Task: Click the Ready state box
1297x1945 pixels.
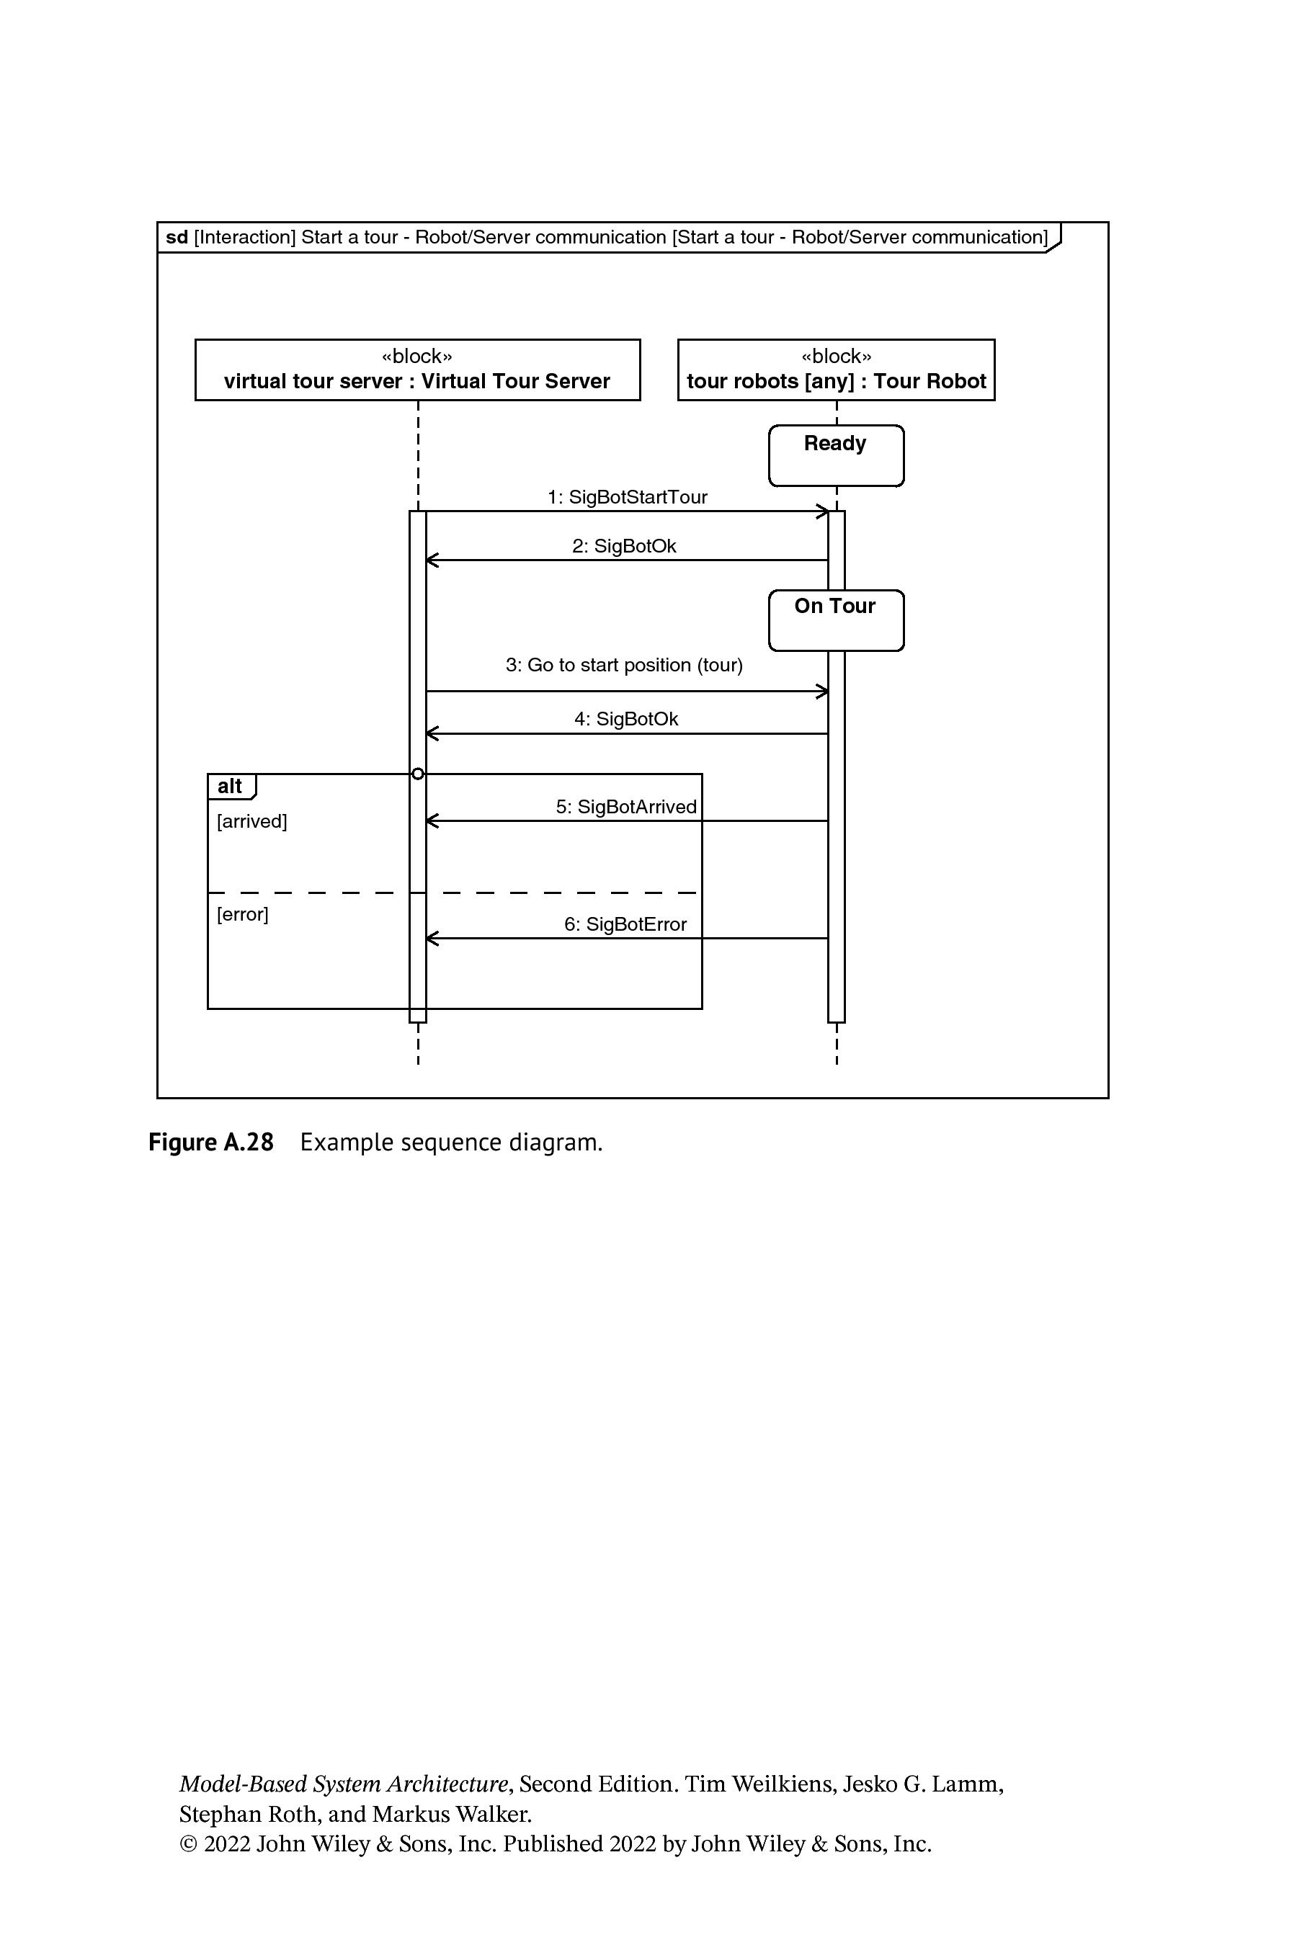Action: click(837, 456)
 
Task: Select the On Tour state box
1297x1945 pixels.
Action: click(837, 620)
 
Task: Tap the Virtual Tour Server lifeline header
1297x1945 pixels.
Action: click(418, 370)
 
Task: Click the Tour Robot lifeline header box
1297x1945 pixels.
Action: click(837, 370)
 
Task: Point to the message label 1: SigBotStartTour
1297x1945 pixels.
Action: click(628, 497)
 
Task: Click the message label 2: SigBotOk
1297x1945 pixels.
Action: click(625, 546)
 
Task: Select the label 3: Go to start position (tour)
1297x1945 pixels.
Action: click(625, 665)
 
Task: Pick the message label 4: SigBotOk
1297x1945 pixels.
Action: click(626, 719)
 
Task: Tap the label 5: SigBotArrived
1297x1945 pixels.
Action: click(626, 806)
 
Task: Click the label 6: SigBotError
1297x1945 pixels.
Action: click(625, 924)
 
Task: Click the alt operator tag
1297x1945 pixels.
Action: click(231, 787)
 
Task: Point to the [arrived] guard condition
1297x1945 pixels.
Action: click(252, 821)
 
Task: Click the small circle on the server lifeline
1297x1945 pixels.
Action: click(418, 774)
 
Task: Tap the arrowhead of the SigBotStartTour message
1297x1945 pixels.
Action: click(823, 511)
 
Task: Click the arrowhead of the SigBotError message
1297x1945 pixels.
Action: click(432, 939)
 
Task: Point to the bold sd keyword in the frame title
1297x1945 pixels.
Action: click(177, 237)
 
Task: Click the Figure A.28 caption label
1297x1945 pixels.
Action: click(211, 1142)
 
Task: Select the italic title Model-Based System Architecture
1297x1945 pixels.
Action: click(343, 1784)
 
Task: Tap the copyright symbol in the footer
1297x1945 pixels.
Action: click(189, 1845)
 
